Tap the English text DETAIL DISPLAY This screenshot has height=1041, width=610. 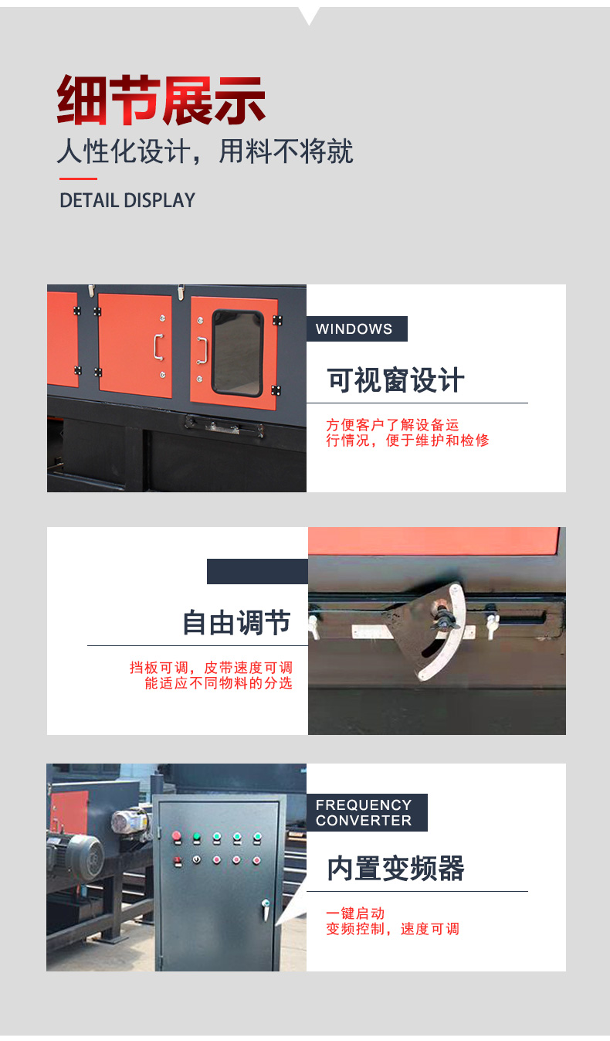127,200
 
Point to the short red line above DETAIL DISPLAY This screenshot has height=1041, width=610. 78,179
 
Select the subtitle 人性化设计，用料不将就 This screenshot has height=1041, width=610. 205,151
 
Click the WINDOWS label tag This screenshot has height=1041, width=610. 357,329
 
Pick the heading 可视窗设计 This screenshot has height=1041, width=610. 395,380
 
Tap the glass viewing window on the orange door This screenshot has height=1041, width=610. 238,353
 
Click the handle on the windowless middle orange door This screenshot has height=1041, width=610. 159,347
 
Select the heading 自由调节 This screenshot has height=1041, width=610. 236,623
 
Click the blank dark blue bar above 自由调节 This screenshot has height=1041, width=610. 257,571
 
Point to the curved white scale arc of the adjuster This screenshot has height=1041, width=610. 446,632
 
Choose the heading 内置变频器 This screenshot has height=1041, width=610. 395,868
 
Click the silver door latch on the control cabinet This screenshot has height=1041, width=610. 266,909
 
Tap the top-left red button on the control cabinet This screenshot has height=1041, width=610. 176,836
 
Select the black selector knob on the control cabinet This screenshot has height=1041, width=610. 197,859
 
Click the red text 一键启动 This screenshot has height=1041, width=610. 355,913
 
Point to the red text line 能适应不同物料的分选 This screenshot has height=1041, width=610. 219,683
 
